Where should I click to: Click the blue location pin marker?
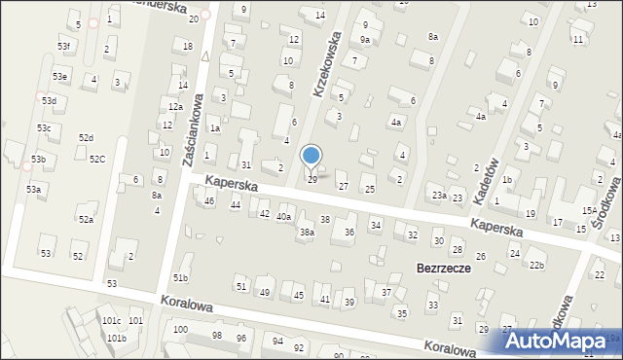(311, 157)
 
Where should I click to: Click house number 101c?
(111, 320)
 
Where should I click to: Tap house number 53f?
(64, 47)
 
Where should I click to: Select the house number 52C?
(97, 159)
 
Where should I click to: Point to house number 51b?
(180, 278)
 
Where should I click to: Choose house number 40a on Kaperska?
(283, 216)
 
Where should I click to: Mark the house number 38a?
(307, 233)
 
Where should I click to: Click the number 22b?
(536, 265)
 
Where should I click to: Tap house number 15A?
(589, 210)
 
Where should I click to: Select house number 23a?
(440, 196)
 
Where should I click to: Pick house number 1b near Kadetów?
(507, 180)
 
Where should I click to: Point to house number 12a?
(175, 107)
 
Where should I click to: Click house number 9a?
(364, 40)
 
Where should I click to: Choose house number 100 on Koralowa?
(180, 330)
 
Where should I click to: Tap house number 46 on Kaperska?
(209, 200)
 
